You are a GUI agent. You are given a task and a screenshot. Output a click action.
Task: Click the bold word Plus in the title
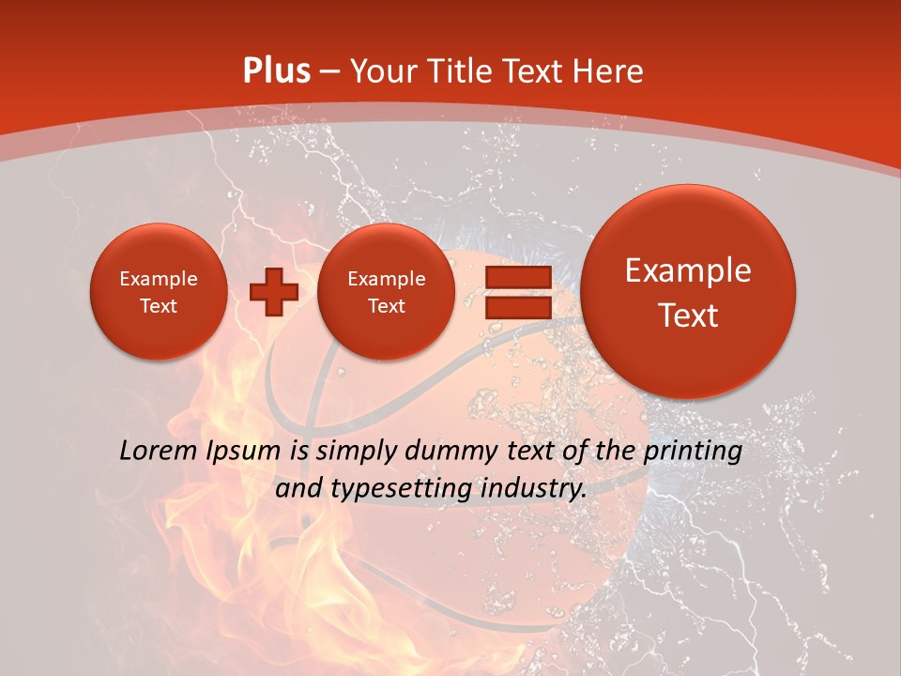click(x=276, y=71)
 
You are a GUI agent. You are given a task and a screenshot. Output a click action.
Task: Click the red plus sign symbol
click(x=273, y=291)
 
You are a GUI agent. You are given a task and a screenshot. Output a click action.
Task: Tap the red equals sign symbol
click(x=518, y=292)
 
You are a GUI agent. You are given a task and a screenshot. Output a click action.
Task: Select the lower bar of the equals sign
click(x=518, y=306)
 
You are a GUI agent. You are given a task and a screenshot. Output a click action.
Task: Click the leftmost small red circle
click(x=159, y=292)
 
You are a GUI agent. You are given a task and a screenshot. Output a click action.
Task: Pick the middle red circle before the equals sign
click(x=386, y=292)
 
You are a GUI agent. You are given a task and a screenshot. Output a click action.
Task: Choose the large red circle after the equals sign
click(x=688, y=291)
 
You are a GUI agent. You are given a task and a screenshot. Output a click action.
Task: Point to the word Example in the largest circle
click(x=688, y=270)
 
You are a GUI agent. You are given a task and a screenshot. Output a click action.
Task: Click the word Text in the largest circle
click(x=688, y=315)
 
